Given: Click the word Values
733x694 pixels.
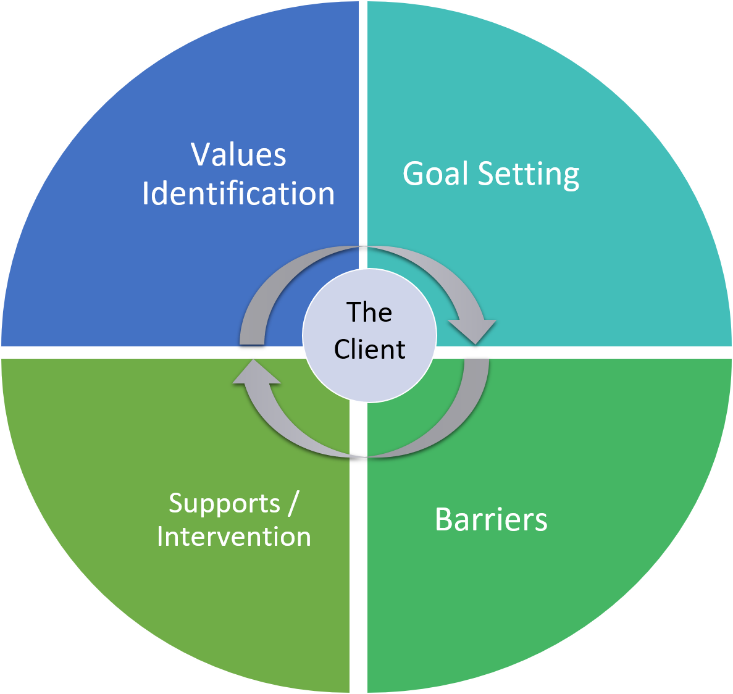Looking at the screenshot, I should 238,154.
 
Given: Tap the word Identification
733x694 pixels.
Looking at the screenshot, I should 238,194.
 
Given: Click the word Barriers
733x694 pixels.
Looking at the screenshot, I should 491,519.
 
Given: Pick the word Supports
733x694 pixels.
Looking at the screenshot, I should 225,504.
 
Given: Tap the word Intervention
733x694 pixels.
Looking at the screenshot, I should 234,537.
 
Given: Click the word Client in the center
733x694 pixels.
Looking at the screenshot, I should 369,349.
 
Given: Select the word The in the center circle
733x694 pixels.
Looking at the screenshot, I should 369,312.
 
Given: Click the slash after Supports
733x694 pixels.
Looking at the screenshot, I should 292,503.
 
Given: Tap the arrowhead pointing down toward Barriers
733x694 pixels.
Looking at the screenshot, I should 473,330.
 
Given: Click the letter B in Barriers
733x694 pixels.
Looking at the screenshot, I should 444,519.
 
